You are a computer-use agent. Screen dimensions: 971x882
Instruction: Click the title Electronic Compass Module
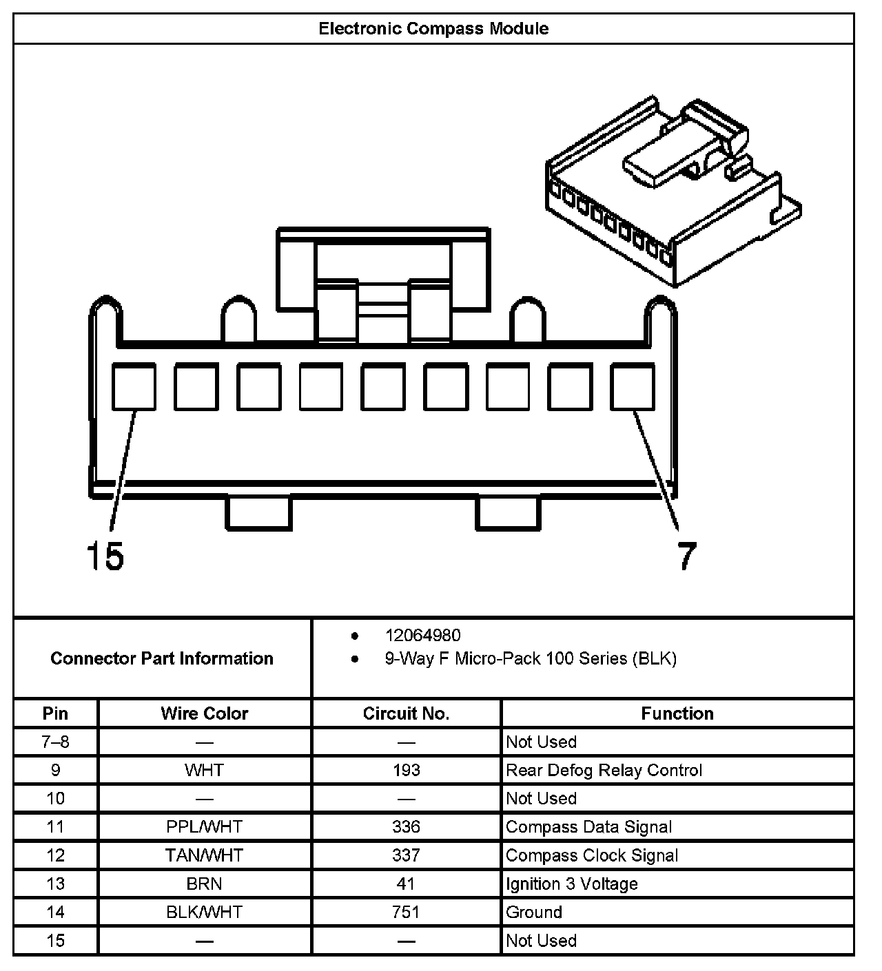point(433,29)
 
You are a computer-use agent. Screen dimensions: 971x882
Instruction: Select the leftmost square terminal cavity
point(134,388)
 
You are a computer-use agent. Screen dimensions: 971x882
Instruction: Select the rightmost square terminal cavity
point(633,388)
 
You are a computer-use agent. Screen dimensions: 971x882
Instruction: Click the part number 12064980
point(422,635)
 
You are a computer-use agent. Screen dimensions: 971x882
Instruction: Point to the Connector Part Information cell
point(162,658)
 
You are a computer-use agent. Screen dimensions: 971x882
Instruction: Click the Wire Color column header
point(205,713)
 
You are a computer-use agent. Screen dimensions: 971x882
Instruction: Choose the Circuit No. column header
point(406,713)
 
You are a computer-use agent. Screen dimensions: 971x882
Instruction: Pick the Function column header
point(677,713)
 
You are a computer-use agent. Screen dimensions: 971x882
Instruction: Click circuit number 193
point(406,770)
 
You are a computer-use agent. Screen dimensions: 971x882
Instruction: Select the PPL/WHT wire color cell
point(205,826)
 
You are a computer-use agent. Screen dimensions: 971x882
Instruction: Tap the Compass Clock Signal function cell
point(592,855)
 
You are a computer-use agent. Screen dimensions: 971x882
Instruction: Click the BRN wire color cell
point(205,884)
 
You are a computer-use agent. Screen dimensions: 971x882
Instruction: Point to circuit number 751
point(406,912)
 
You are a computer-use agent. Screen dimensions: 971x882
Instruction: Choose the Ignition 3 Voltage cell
point(571,884)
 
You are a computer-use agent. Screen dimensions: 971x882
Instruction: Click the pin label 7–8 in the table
point(56,742)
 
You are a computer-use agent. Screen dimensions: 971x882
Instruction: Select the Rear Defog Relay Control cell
point(604,770)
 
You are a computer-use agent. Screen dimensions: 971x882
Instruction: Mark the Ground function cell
point(534,912)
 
